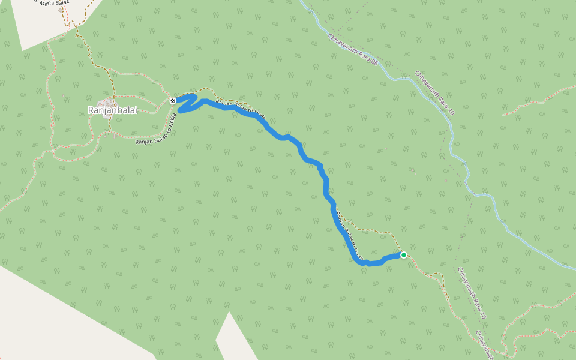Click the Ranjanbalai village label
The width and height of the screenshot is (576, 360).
[108, 110]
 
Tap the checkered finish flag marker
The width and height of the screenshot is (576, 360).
[173, 100]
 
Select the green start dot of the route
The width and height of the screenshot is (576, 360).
[404, 255]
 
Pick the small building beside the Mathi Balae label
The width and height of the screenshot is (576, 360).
[61, 10]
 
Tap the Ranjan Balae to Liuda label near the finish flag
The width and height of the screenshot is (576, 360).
[240, 108]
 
